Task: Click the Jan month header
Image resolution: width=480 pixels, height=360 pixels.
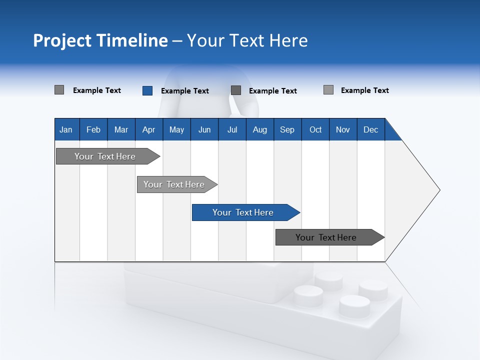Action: [66, 129]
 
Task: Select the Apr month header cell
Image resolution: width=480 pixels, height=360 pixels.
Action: [148, 129]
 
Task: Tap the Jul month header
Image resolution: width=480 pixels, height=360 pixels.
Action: [232, 129]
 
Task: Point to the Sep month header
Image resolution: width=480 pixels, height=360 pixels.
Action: [287, 129]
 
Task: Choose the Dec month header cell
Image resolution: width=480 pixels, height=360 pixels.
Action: [370, 129]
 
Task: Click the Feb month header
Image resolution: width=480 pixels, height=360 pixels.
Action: [93, 129]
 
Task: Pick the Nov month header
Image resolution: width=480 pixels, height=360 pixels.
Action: [342, 129]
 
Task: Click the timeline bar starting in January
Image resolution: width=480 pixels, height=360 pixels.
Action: [105, 156]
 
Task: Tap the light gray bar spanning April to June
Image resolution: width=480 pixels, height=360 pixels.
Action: [175, 184]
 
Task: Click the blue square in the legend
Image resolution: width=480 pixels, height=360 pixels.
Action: [147, 90]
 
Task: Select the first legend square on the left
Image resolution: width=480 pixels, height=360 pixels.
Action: [59, 90]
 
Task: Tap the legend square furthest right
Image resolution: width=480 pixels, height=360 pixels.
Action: [328, 90]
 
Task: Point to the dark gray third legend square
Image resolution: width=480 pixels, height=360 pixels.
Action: [236, 90]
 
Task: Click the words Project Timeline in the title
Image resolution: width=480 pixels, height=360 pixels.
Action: [100, 40]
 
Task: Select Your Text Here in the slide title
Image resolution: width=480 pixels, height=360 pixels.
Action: [247, 40]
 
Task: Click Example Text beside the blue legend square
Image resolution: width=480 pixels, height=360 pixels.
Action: [184, 91]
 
